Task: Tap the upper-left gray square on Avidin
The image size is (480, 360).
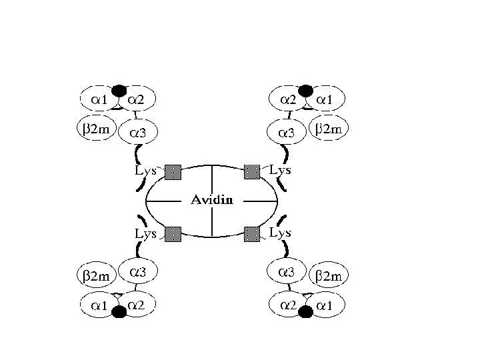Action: click(173, 171)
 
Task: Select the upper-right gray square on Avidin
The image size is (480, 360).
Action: click(251, 171)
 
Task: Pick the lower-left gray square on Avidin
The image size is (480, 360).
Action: click(173, 233)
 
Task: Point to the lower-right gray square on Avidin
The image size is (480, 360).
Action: click(251, 233)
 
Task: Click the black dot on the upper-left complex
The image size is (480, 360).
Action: click(119, 90)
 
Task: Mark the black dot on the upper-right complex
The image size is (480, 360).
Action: click(306, 90)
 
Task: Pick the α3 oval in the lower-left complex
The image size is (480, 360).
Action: click(139, 273)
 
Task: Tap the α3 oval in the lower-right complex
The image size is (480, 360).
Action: click(287, 273)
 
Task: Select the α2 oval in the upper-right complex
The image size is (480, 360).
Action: click(288, 99)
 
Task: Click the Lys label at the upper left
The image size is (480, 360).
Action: click(146, 171)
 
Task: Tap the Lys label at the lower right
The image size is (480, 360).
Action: click(280, 233)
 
